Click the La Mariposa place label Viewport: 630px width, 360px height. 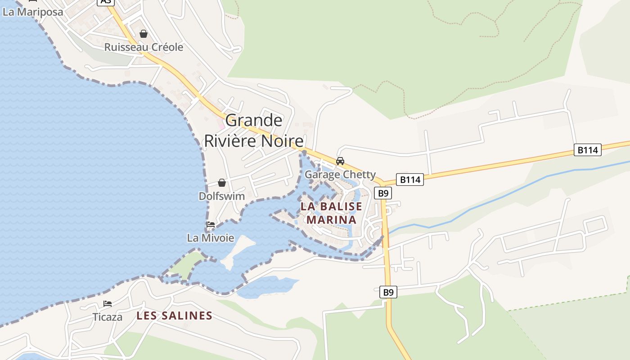[33, 12]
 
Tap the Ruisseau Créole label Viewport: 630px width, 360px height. [144, 47]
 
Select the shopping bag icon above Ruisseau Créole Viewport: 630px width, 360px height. [144, 34]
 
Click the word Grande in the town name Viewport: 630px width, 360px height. [254, 120]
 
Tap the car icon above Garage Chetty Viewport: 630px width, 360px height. [340, 161]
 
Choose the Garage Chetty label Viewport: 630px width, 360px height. [340, 175]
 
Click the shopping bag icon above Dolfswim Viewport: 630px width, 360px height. [222, 183]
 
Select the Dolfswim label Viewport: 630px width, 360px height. [222, 196]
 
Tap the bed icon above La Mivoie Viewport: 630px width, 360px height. [210, 224]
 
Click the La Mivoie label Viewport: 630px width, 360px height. [211, 238]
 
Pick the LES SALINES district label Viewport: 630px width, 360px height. [174, 316]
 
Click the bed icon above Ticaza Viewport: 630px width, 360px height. [108, 304]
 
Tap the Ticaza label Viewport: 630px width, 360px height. [108, 317]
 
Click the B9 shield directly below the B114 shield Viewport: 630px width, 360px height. [382, 193]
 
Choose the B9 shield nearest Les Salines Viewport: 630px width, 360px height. [388, 292]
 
